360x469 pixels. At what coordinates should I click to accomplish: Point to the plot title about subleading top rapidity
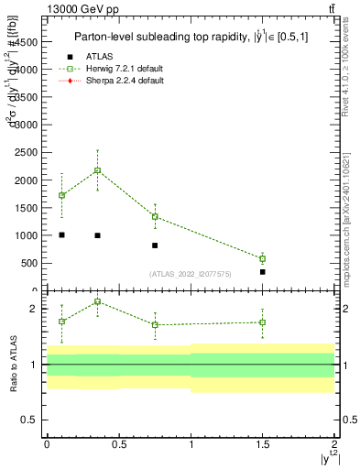tap(184, 37)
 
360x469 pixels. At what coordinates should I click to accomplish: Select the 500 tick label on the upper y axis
tap(28, 263)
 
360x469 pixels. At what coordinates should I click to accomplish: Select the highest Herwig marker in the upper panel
tap(97, 170)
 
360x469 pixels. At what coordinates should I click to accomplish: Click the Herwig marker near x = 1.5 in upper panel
tap(263, 258)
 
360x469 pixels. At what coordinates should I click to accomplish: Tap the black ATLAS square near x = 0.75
tap(155, 245)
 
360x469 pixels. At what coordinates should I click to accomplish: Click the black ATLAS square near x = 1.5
tap(263, 272)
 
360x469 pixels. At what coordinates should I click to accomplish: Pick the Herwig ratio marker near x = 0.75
tap(155, 324)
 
